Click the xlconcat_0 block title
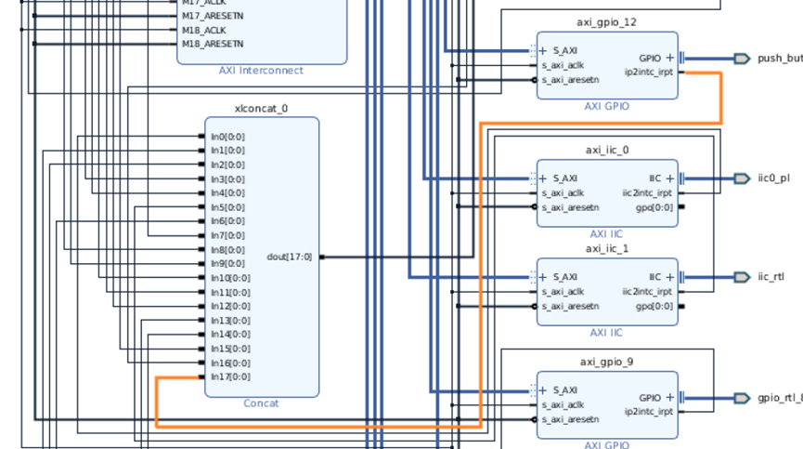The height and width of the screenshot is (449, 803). coord(261,109)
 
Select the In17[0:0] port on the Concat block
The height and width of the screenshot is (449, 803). coord(229,376)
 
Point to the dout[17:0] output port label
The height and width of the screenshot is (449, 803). coord(289,257)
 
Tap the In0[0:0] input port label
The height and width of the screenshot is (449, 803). coord(227,137)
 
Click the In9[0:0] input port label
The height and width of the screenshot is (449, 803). coord(227,264)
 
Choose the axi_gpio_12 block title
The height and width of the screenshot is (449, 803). coord(606,22)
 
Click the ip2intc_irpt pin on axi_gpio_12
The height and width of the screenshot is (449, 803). coord(648,72)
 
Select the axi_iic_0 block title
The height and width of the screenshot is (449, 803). coord(606,150)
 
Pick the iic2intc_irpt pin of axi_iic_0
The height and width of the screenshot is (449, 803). coord(647,192)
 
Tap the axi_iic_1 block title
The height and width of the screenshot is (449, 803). coord(606,248)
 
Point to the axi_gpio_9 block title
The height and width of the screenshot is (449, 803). coord(606,363)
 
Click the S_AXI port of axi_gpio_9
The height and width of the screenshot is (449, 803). coord(564,390)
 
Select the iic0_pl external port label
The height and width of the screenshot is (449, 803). coord(772,178)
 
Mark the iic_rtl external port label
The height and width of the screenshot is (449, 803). coord(771,277)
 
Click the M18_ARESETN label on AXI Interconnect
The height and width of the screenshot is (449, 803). coord(213,44)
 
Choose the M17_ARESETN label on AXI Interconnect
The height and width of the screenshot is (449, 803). coord(213,16)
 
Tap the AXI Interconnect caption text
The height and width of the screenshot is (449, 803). coord(261,71)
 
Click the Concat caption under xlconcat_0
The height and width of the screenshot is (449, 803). coord(261,403)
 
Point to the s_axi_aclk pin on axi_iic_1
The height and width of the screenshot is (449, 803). coord(563,292)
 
